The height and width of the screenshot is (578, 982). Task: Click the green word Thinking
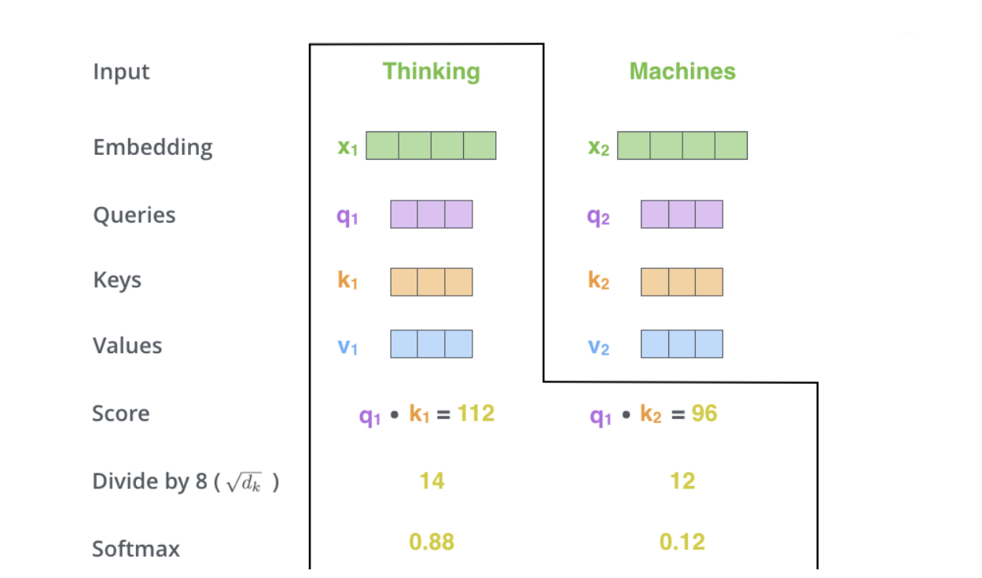pyautogui.click(x=431, y=72)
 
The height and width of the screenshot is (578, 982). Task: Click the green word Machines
pyautogui.click(x=682, y=72)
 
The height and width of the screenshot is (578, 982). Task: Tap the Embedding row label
pyautogui.click(x=153, y=148)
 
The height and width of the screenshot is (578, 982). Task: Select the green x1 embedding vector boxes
pyautogui.click(x=431, y=145)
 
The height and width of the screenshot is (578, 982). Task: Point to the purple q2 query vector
pyautogui.click(x=682, y=215)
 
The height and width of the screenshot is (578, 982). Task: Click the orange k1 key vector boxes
pyautogui.click(x=431, y=282)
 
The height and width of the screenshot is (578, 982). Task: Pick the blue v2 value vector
pyautogui.click(x=682, y=344)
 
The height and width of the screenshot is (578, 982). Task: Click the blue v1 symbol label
pyautogui.click(x=348, y=346)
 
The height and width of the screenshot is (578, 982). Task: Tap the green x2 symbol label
pyautogui.click(x=598, y=147)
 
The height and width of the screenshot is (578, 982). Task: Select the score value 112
pyautogui.click(x=476, y=413)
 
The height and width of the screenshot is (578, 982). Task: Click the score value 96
pyautogui.click(x=704, y=414)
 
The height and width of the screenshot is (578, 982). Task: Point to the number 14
pyautogui.click(x=432, y=480)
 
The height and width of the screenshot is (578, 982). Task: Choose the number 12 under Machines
pyautogui.click(x=682, y=480)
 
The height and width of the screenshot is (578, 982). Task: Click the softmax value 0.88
pyautogui.click(x=432, y=542)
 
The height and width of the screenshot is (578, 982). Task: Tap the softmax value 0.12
pyautogui.click(x=682, y=542)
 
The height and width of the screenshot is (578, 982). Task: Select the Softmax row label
pyautogui.click(x=136, y=548)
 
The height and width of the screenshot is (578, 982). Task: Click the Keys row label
pyautogui.click(x=117, y=281)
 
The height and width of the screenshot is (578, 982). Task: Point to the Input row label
pyautogui.click(x=121, y=72)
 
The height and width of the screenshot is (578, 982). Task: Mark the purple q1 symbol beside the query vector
pyautogui.click(x=348, y=215)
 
